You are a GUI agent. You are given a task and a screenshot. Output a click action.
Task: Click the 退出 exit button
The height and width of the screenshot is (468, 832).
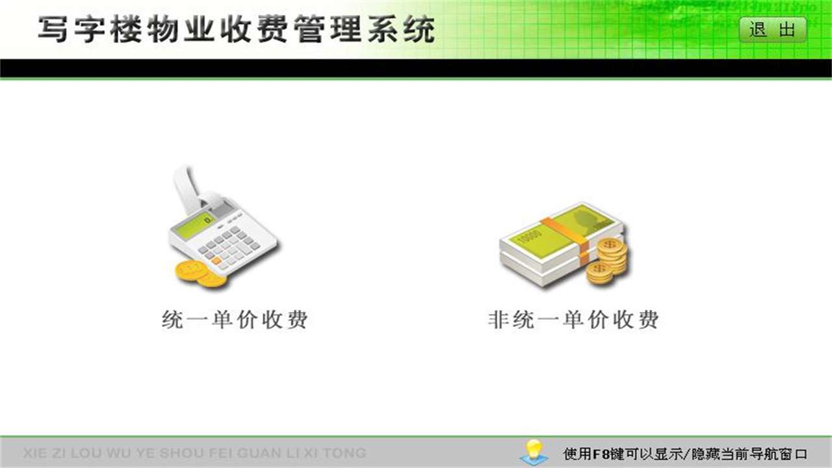click(772, 30)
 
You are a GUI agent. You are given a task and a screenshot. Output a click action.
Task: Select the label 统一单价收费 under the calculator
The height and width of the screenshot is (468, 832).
click(234, 320)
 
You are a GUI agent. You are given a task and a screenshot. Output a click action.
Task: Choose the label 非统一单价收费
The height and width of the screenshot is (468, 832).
click(573, 320)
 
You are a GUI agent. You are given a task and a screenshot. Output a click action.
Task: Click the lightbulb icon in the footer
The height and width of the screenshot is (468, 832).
click(533, 450)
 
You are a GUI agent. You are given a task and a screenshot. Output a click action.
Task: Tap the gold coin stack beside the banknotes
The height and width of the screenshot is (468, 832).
click(608, 260)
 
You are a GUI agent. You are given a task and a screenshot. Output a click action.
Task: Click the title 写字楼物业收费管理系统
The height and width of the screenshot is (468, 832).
click(235, 31)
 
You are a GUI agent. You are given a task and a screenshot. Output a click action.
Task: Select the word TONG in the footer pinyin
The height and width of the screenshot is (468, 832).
click(344, 453)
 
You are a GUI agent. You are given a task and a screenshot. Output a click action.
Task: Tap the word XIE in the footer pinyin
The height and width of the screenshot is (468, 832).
click(35, 453)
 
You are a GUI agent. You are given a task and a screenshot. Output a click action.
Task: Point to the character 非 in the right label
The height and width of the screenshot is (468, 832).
click(497, 320)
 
